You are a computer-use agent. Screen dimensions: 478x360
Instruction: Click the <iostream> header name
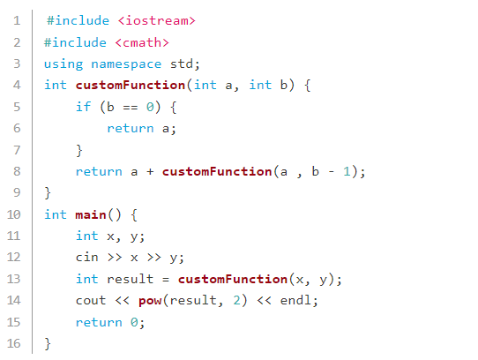click(x=156, y=21)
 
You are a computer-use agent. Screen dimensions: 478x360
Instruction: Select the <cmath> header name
click(x=142, y=42)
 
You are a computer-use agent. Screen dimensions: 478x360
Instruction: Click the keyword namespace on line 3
click(x=126, y=64)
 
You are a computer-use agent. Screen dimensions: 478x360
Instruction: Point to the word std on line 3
click(x=182, y=64)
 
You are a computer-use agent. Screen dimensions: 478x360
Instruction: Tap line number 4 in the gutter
click(x=17, y=85)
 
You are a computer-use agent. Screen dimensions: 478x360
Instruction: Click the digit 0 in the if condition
click(x=150, y=107)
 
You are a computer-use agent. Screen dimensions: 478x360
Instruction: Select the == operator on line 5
click(x=131, y=108)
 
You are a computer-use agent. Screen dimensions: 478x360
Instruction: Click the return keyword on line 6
click(x=131, y=129)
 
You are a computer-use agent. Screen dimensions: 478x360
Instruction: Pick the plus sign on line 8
click(x=150, y=172)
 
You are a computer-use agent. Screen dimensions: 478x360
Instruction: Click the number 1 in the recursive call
click(x=347, y=171)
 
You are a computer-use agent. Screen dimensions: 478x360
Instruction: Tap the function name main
click(x=91, y=214)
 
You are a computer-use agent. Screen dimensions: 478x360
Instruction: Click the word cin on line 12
click(x=87, y=257)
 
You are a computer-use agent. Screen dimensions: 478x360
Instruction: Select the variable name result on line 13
click(x=131, y=279)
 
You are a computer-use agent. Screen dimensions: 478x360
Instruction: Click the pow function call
click(x=150, y=302)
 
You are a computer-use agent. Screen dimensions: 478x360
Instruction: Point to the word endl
click(x=295, y=300)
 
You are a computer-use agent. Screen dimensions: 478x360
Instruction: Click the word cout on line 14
click(x=91, y=301)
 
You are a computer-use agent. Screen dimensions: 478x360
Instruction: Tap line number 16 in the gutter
click(x=14, y=343)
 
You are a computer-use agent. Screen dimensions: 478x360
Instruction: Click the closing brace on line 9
click(x=48, y=193)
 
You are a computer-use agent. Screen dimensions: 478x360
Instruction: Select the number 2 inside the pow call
click(x=237, y=300)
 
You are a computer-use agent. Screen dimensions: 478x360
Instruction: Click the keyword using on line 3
click(x=63, y=64)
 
